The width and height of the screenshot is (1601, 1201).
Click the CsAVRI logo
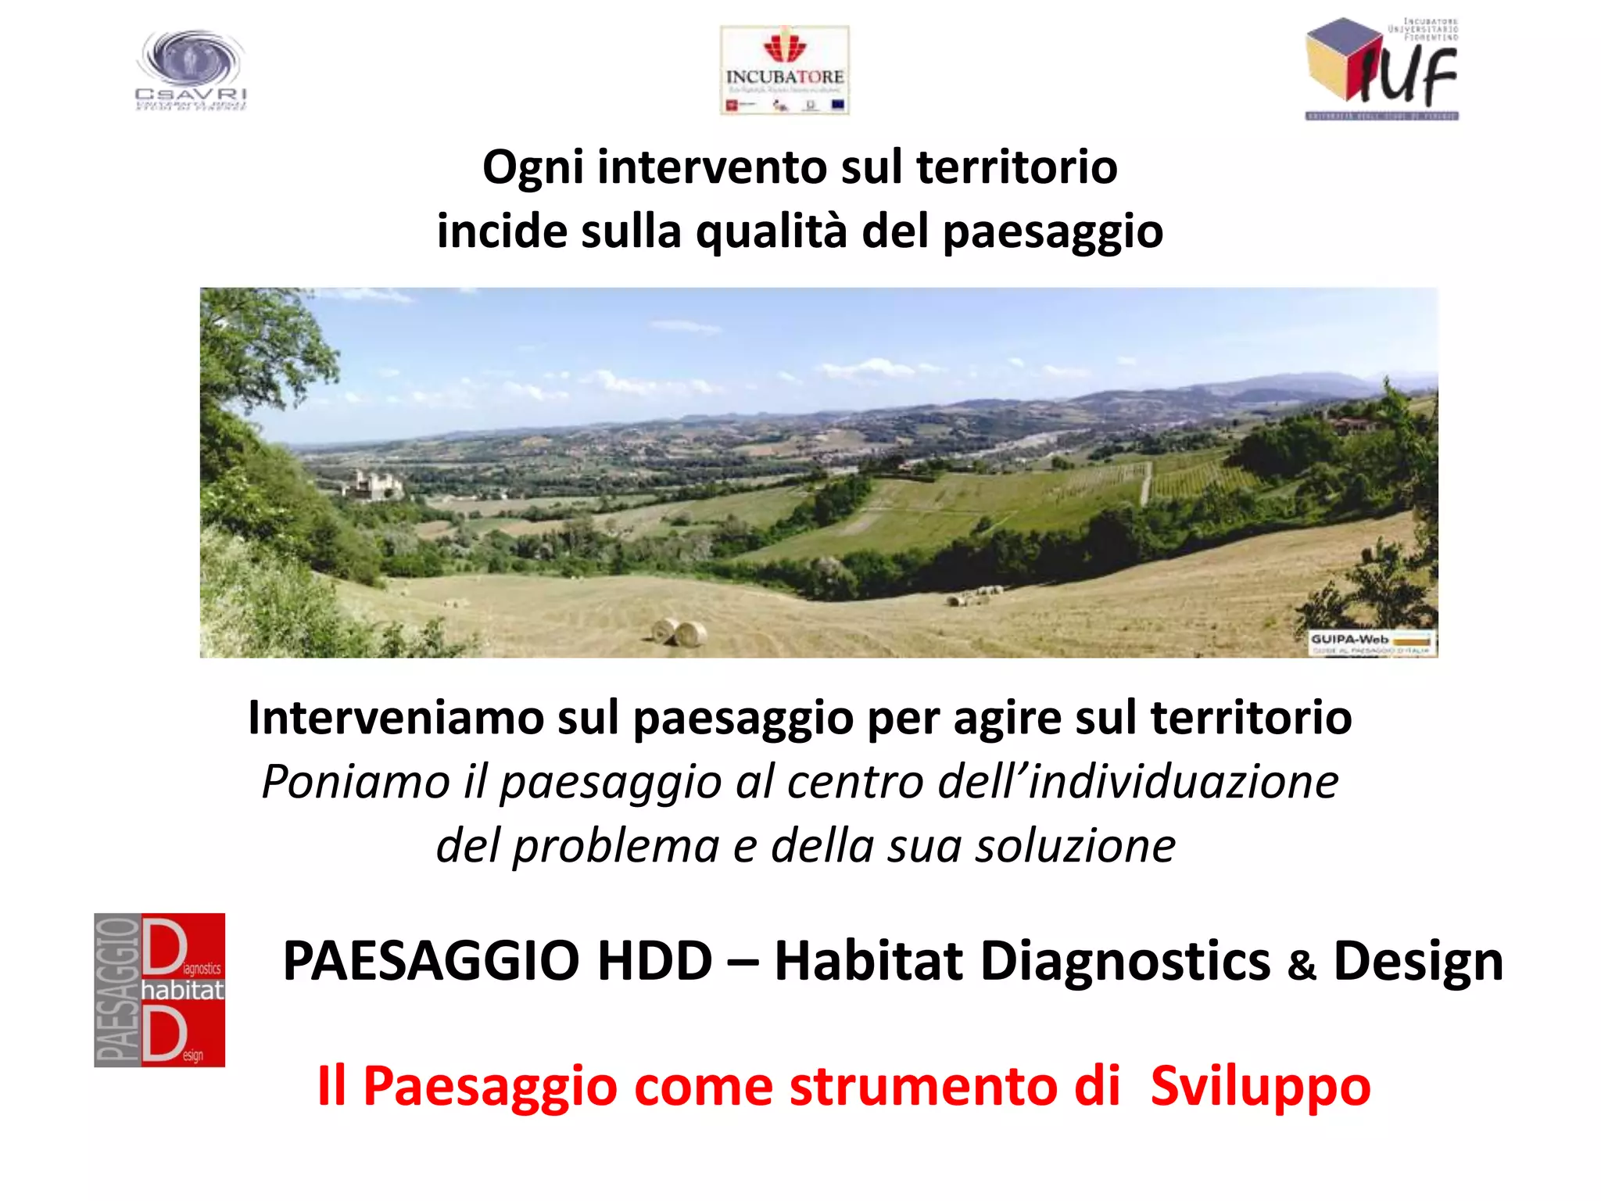pos(191,70)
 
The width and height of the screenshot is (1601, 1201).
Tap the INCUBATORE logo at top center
pos(784,70)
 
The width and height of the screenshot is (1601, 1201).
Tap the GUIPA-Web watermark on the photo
pos(1372,643)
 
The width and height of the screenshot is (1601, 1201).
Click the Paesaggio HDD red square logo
pos(159,990)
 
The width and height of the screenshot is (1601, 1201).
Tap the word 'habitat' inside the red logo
pos(182,991)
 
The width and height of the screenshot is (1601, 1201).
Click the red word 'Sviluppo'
pos(1260,1086)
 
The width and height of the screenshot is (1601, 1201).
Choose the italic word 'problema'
pos(615,845)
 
